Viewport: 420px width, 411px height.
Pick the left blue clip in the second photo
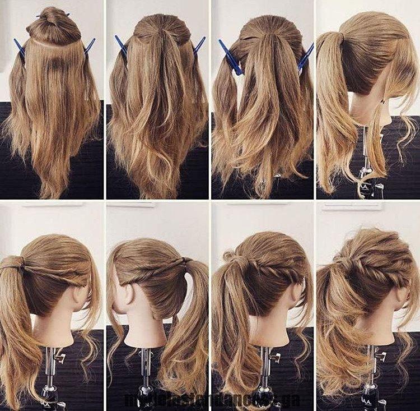tap(121, 45)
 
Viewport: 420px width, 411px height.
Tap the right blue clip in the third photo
tap(306, 57)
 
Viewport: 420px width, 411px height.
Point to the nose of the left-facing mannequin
tap(110, 303)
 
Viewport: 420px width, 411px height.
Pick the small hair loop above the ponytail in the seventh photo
tap(228, 256)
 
